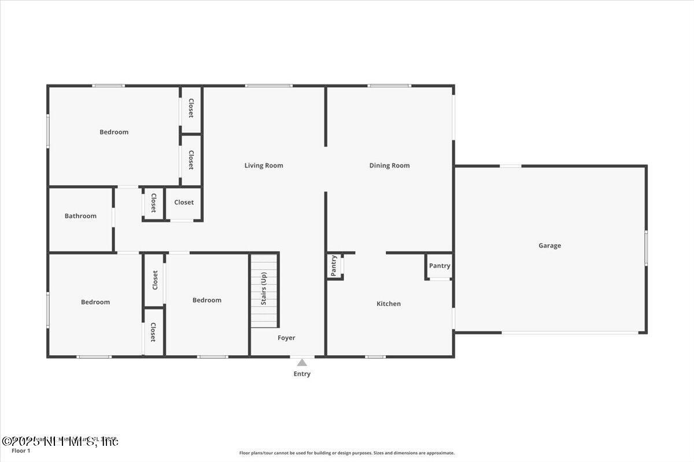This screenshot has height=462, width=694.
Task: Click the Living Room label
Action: click(264, 166)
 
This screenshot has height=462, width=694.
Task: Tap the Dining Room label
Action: click(389, 166)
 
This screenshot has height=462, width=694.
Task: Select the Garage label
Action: click(549, 245)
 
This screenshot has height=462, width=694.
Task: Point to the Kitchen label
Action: click(389, 304)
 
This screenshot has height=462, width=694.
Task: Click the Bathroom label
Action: click(80, 216)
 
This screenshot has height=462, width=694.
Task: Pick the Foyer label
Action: click(286, 338)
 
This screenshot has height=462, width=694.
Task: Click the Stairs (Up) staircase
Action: click(264, 290)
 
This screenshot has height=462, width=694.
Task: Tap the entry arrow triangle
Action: click(302, 363)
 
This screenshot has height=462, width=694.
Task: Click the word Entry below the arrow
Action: click(302, 374)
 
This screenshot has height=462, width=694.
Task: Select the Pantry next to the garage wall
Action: click(440, 266)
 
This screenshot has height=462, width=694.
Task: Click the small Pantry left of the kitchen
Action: click(334, 266)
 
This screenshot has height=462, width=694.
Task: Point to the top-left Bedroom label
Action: click(114, 132)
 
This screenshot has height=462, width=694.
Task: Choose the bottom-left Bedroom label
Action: click(95, 302)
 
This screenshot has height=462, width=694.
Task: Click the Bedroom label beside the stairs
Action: click(207, 300)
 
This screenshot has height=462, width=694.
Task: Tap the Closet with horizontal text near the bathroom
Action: click(184, 203)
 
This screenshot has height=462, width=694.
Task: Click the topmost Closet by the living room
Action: click(191, 108)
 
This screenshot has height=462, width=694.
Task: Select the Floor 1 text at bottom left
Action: click(21, 451)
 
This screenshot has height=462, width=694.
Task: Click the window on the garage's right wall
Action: click(646, 247)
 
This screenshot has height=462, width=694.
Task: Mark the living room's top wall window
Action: click(269, 86)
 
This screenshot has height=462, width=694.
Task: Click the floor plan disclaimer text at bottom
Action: click(347, 453)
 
